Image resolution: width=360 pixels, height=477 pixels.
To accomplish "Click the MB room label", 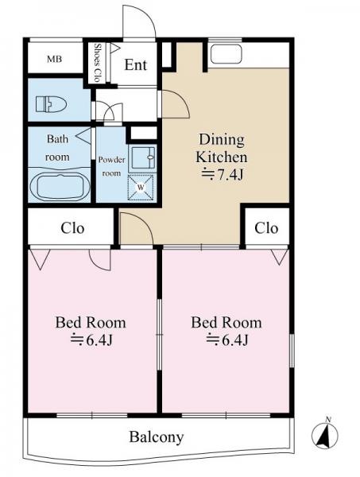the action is (54, 59).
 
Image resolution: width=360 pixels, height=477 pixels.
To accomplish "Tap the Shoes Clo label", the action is (97, 63).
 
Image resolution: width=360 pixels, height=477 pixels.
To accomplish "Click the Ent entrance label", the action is (136, 65).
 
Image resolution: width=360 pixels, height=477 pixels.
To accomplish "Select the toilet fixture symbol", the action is (51, 104).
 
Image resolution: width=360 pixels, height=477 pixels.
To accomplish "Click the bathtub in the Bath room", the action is (60, 187).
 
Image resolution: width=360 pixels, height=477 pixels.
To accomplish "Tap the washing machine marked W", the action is (141, 188).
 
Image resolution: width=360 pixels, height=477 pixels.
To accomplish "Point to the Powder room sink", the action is (142, 158).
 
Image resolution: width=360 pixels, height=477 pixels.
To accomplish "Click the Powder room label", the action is (111, 166).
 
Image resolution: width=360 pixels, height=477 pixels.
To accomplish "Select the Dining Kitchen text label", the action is (221, 149).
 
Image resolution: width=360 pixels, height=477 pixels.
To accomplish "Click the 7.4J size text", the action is (223, 175).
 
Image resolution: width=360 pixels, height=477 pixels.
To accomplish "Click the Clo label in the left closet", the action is (72, 228).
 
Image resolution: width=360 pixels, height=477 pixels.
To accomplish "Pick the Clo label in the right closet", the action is (266, 228).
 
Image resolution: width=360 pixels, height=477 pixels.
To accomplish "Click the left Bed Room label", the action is (91, 323).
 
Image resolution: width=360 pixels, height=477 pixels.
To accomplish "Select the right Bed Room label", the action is (226, 323).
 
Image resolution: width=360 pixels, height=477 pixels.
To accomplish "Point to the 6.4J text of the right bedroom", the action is (227, 339).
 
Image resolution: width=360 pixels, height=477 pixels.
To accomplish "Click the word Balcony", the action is (157, 437).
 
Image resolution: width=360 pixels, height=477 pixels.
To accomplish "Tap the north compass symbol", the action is (325, 434).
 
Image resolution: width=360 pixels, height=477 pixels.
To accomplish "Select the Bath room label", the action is (57, 148).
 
